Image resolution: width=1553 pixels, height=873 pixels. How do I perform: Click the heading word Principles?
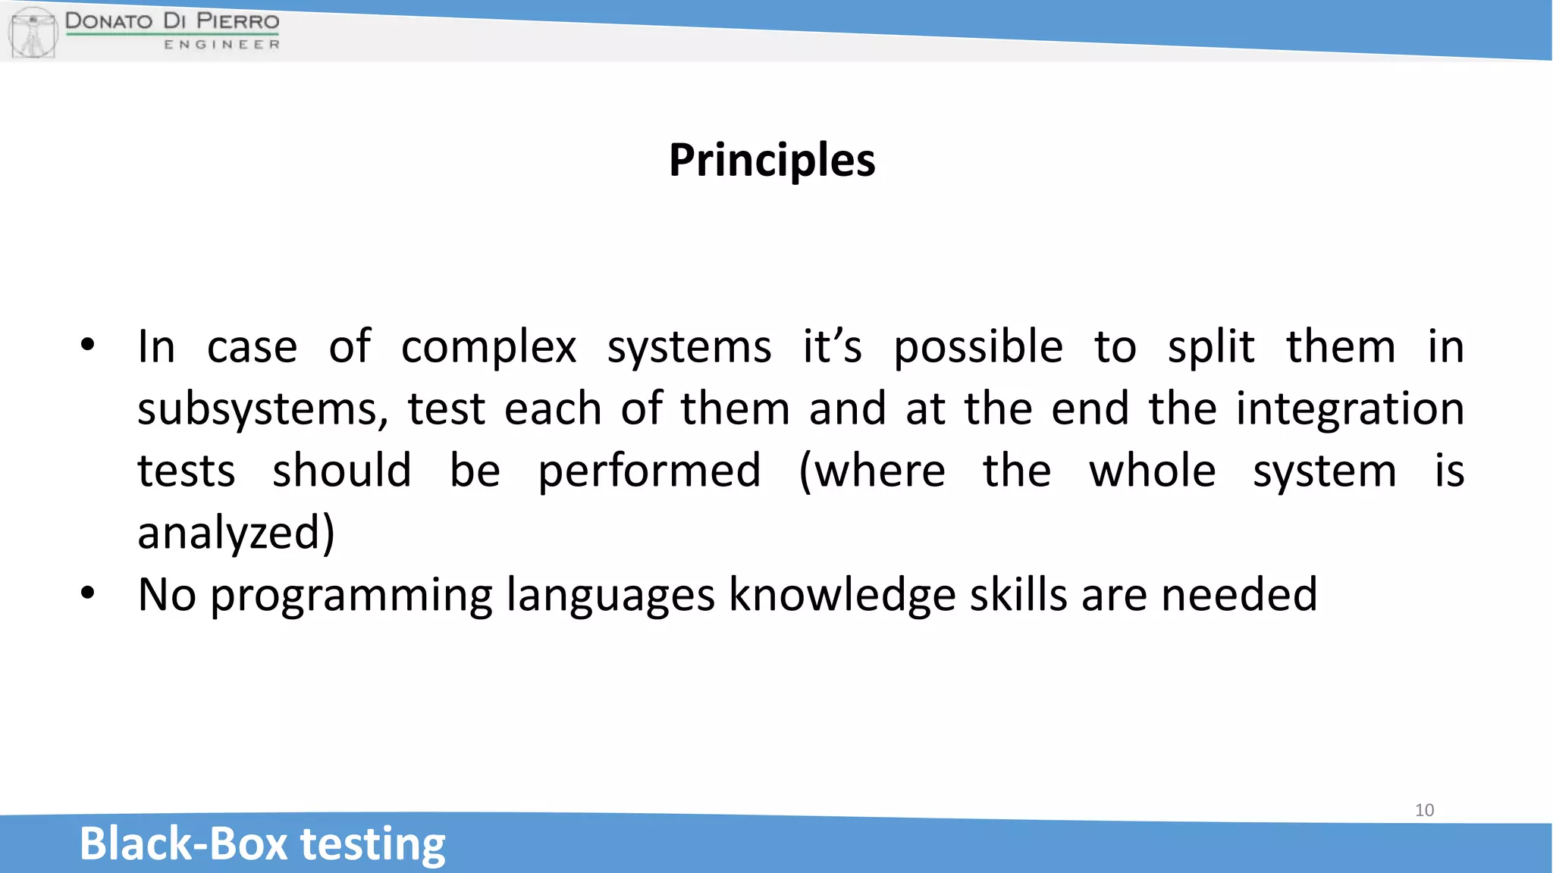(772, 161)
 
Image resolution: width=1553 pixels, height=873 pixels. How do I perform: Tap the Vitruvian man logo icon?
(33, 32)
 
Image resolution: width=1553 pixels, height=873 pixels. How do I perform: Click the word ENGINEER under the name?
(221, 45)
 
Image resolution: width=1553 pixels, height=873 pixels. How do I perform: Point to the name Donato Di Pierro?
(172, 20)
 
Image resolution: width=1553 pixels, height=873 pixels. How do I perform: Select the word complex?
(488, 348)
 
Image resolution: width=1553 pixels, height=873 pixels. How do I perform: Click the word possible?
(978, 348)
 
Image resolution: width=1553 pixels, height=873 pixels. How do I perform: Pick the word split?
(1211, 348)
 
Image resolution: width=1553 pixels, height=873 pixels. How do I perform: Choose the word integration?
(1350, 409)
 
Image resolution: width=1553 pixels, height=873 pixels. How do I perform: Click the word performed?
(649, 471)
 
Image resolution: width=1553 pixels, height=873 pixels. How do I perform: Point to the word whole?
(1153, 471)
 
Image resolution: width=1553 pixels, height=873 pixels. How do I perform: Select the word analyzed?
(236, 533)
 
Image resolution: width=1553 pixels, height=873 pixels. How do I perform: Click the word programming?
(351, 596)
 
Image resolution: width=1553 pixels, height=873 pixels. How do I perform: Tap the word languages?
(610, 596)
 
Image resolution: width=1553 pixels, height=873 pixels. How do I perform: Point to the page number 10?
(1424, 810)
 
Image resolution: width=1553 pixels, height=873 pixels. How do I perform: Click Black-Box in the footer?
(184, 843)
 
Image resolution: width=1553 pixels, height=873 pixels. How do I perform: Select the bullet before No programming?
(88, 593)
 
